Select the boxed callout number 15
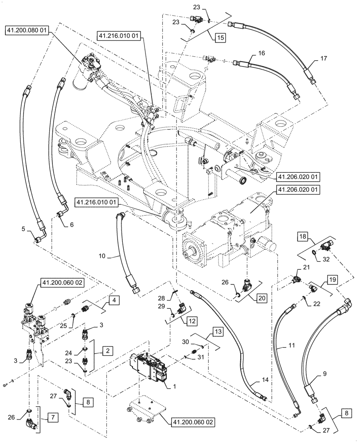click(x=220, y=38)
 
